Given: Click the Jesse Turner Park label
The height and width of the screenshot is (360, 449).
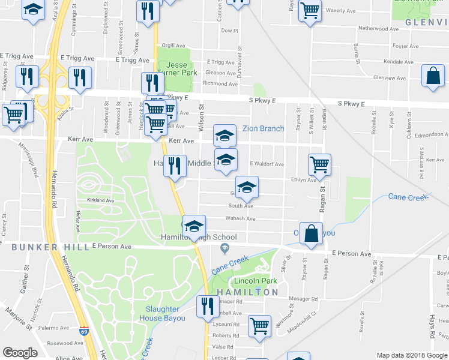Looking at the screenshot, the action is coord(177,68).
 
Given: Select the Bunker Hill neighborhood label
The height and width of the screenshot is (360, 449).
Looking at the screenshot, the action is coord(41,247).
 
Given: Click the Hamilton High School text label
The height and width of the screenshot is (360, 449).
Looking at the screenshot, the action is coord(193,238).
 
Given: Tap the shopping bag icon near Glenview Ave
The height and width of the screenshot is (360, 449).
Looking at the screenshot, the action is coord(433,77).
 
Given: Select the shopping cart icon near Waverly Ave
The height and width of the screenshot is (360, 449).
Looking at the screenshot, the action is coord(310,10).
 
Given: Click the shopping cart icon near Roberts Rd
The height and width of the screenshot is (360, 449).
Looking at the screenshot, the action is coord(260,326).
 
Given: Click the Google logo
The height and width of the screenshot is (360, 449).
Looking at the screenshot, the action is coord(20,353).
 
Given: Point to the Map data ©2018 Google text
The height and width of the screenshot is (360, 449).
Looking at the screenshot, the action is coord(411,355).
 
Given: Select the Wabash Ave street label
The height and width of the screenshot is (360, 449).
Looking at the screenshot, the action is coord(241,219).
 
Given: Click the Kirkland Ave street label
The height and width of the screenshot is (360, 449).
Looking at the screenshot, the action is coord(100,200).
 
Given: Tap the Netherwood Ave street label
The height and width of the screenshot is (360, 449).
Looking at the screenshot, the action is coord(378,28).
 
